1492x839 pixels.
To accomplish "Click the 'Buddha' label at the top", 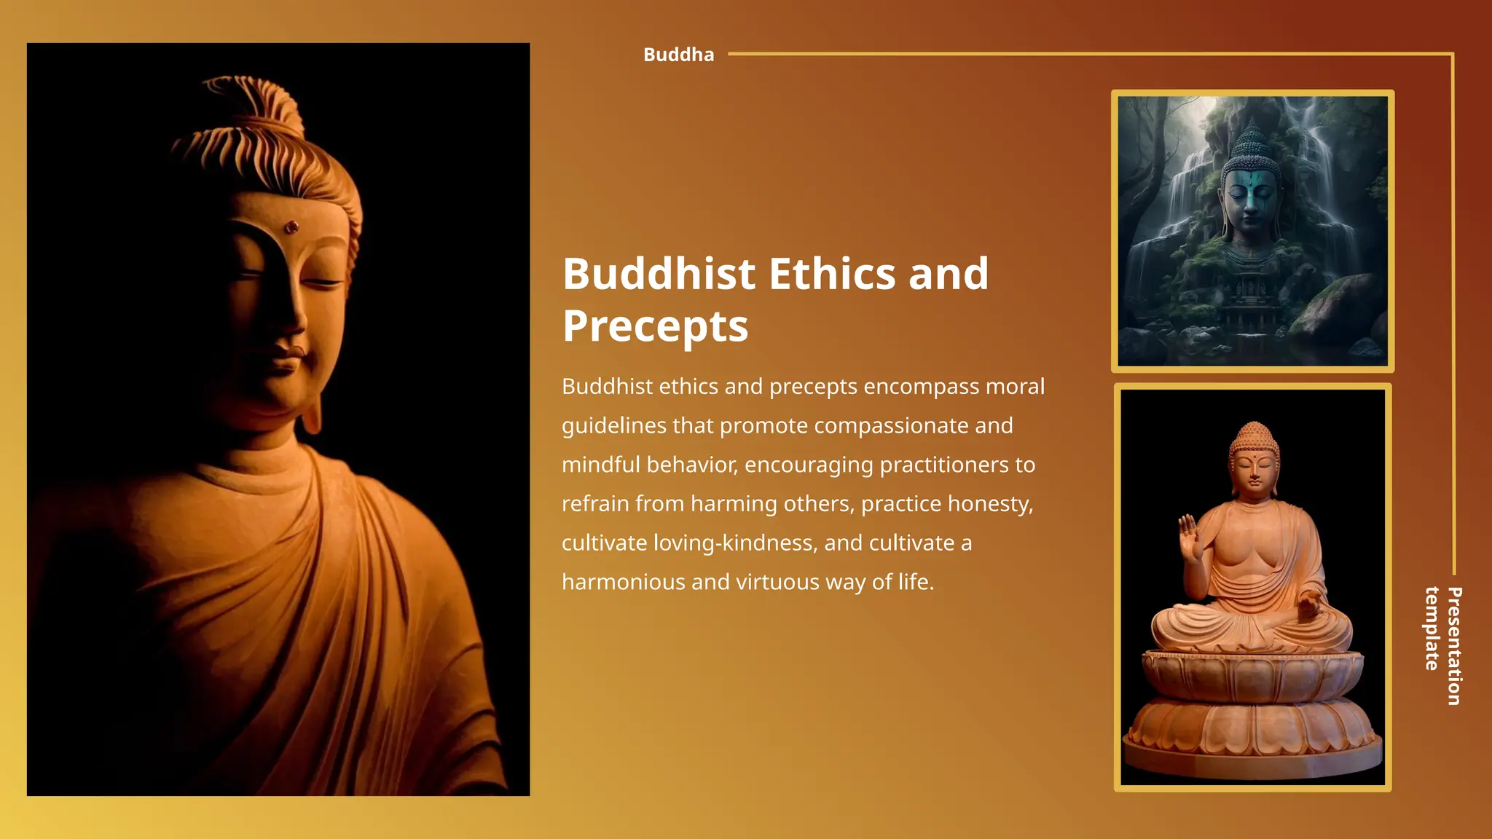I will point(678,55).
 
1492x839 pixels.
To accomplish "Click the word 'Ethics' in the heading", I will point(832,275).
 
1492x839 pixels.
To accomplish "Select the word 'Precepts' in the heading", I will point(655,326).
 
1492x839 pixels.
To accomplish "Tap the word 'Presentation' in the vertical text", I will point(1454,646).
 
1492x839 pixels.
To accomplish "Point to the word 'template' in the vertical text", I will point(1432,629).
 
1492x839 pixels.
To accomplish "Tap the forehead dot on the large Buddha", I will point(291,228).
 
